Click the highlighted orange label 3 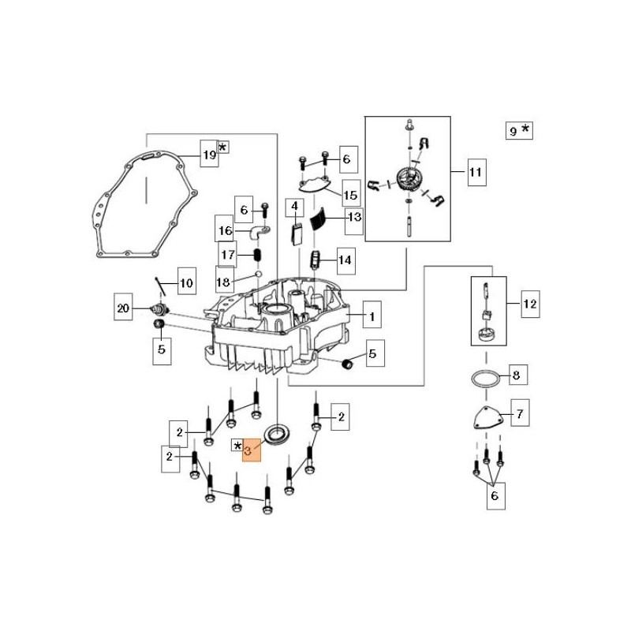point(252,451)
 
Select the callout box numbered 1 point(370,317)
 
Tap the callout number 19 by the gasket point(208,155)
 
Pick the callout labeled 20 point(122,308)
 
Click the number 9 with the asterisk point(513,132)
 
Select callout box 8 point(516,375)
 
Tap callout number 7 point(519,413)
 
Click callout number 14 point(345,259)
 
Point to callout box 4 point(294,207)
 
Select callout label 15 point(350,193)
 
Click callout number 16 point(226,231)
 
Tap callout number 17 point(228,255)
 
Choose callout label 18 point(224,282)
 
